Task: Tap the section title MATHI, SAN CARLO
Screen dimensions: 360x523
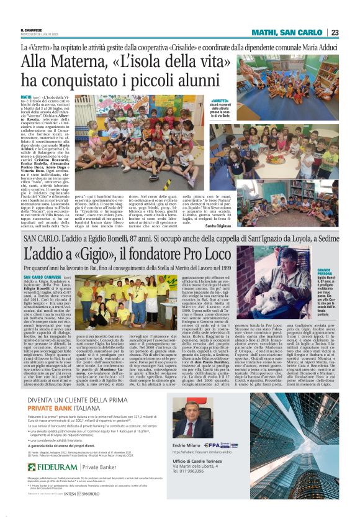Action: [x=289, y=33]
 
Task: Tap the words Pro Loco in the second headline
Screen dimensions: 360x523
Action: [x=208, y=253]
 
